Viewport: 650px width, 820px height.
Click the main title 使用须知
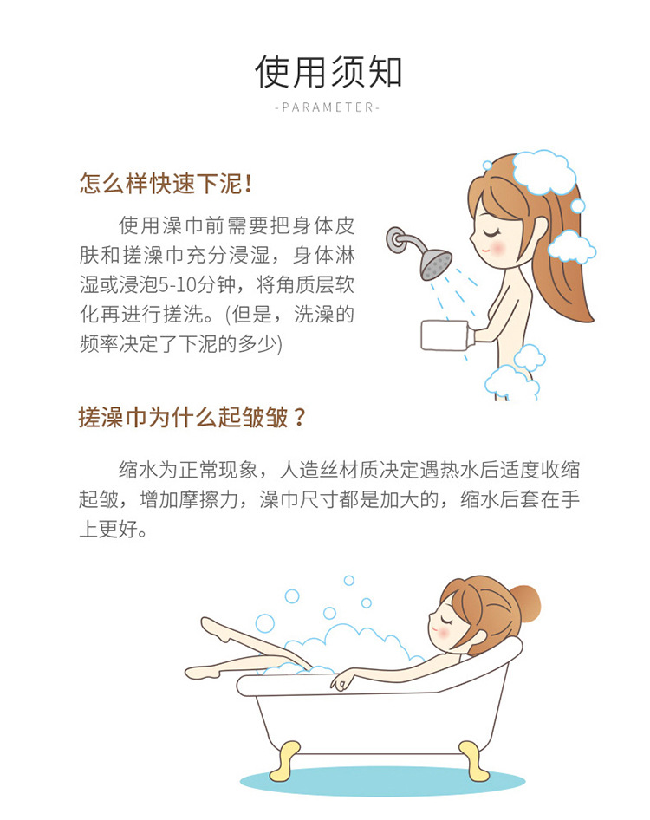click(328, 72)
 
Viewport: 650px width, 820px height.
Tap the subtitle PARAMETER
click(328, 107)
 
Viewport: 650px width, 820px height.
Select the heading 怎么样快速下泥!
click(166, 184)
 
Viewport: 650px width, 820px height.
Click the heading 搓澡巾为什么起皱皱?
click(192, 417)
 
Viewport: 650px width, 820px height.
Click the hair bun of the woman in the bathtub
click(526, 603)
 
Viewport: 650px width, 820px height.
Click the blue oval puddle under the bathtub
click(382, 781)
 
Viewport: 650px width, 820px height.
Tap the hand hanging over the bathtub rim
click(342, 681)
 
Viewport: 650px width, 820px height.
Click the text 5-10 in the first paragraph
click(177, 285)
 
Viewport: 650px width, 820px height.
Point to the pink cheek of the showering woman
click(497, 247)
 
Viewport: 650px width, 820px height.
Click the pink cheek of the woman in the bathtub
click(444, 632)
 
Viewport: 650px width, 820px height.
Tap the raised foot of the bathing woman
click(211, 626)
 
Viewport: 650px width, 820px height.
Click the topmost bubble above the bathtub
click(348, 581)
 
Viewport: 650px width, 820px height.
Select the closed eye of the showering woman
click(491, 231)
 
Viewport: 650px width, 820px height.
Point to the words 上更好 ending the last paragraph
click(113, 529)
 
